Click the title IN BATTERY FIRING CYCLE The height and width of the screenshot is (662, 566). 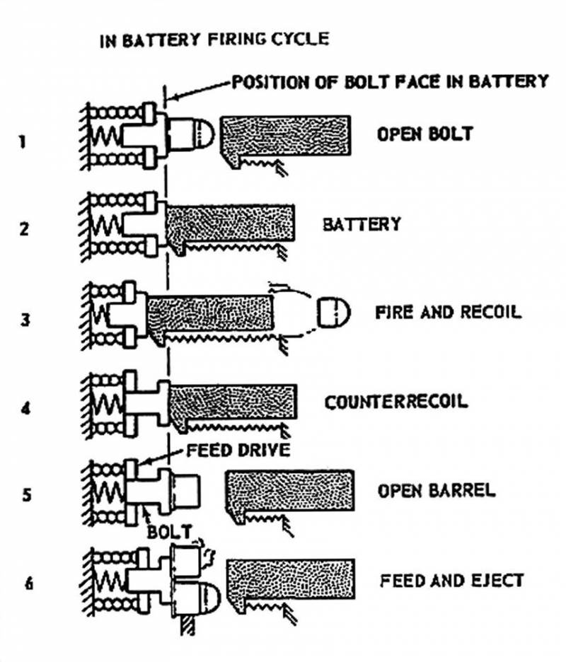[214, 39]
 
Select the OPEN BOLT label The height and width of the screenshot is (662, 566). [424, 134]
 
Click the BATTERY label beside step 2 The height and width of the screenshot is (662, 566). [362, 225]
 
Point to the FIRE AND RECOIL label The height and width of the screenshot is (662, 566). [449, 312]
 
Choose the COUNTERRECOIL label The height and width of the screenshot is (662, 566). [396, 402]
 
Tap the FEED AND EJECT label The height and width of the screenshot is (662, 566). [451, 581]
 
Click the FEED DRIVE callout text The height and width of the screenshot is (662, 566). [239, 451]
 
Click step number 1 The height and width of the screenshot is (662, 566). [23, 141]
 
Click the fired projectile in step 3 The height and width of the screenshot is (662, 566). [332, 312]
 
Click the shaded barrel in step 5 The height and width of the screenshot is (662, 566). [289, 489]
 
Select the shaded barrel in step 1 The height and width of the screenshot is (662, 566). [287, 135]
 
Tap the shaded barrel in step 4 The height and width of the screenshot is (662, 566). [233, 401]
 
